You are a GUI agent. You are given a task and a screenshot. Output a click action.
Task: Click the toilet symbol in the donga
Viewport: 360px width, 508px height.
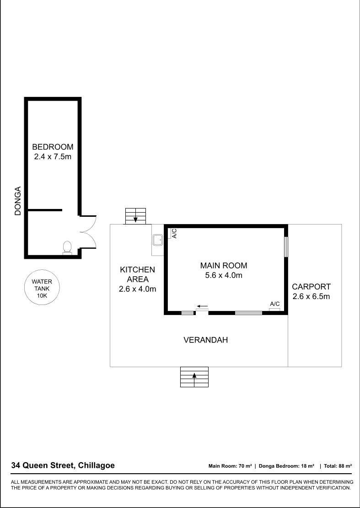pos(67,248)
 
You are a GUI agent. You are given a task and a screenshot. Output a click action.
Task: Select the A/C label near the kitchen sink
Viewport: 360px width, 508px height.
pos(174,234)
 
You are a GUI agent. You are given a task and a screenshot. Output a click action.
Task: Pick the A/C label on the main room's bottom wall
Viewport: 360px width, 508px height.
pos(275,304)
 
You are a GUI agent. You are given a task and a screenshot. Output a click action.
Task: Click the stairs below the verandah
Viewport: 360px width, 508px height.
pos(194,377)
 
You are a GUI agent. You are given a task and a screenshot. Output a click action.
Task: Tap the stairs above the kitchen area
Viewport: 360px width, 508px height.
pos(135,216)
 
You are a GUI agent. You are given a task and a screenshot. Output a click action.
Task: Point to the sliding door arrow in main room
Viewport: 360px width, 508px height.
pos(203,306)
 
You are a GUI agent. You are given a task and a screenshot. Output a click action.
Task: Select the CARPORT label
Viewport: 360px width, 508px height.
pos(312,287)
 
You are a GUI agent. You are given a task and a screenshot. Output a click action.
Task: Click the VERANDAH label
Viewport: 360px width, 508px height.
pos(205,340)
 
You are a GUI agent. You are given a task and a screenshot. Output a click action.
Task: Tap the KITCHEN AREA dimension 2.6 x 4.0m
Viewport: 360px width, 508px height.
pos(137,289)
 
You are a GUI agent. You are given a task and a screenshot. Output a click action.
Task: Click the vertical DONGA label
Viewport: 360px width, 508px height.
pos(18,201)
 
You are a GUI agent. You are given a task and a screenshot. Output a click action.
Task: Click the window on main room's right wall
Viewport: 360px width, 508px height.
pos(286,247)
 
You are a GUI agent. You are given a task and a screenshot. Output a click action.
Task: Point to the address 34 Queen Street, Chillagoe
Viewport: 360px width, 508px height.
pos(63,465)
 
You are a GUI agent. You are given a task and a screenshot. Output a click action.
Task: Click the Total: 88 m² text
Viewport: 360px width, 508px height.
pos(338,466)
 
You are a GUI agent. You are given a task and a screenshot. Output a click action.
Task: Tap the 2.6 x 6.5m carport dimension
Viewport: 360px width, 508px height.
pos(311,296)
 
